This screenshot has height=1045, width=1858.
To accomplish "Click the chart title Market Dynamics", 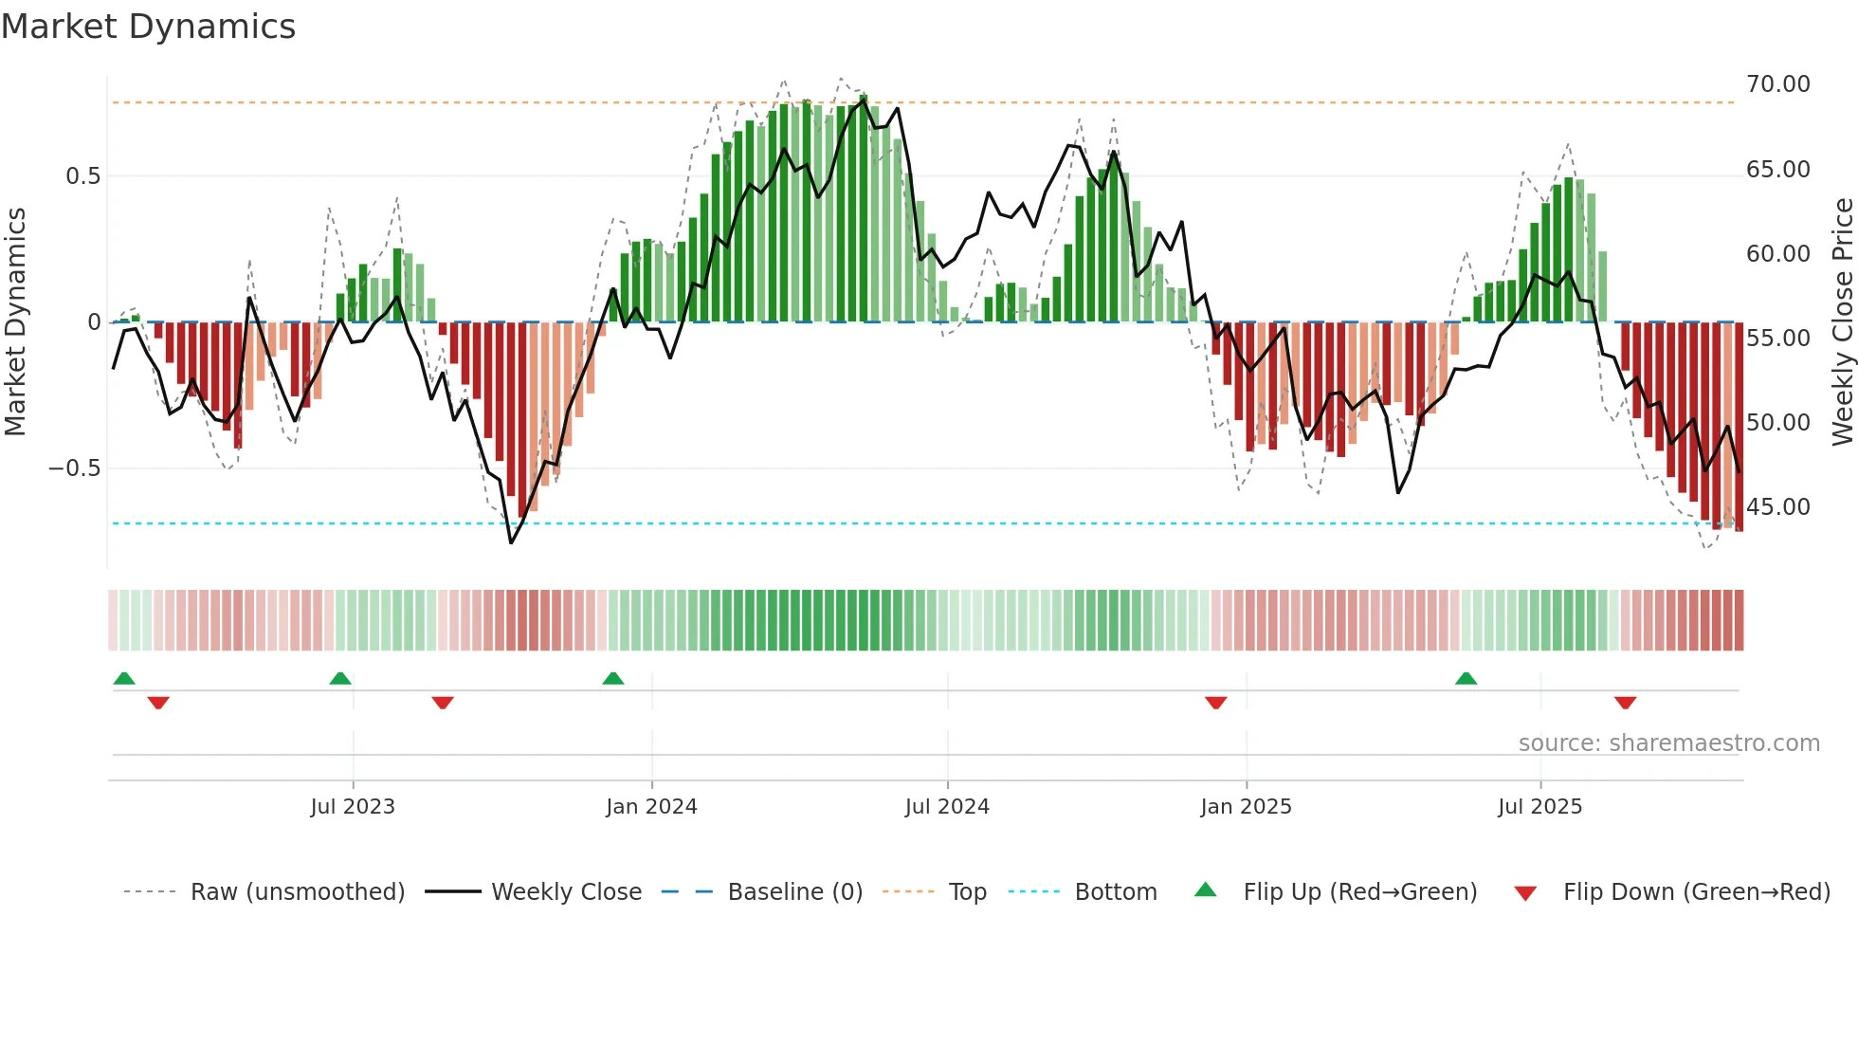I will click(x=148, y=27).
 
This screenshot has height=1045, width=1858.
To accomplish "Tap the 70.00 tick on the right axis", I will click(x=1777, y=84).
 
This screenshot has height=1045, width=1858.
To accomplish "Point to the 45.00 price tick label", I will click(x=1777, y=507).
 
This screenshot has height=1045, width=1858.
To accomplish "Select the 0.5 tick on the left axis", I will click(x=82, y=176).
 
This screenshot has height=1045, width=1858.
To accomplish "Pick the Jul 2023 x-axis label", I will click(x=353, y=807).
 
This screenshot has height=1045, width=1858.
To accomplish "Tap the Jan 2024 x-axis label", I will click(x=651, y=807).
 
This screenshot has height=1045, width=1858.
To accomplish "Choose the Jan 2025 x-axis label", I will click(x=1246, y=807).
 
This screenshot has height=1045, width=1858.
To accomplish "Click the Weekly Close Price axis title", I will click(x=1842, y=322).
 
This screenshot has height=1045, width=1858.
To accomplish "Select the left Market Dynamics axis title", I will click(x=15, y=322).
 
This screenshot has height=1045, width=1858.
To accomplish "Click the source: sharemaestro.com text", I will click(x=1668, y=743).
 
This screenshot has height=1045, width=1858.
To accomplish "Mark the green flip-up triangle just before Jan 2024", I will click(x=613, y=679).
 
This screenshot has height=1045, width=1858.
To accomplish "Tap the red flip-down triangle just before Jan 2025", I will click(x=1216, y=703).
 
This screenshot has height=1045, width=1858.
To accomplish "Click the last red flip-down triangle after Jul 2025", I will click(x=1625, y=703).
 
